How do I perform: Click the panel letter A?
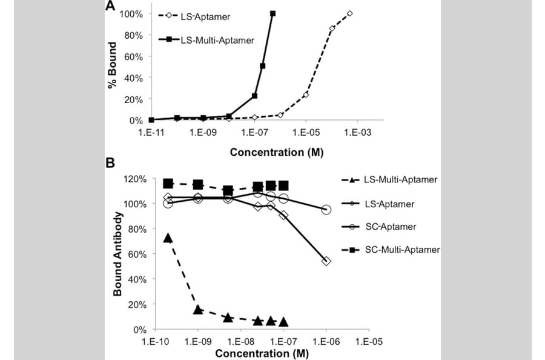110,7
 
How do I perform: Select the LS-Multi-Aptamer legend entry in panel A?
216,40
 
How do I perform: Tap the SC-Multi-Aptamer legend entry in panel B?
402,249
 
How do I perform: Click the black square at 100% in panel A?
272,13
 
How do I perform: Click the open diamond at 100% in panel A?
349,13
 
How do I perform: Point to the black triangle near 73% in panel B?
168,238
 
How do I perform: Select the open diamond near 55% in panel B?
326,261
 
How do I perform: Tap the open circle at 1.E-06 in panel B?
326,210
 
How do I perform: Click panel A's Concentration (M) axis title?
276,152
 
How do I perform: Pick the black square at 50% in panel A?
263,65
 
